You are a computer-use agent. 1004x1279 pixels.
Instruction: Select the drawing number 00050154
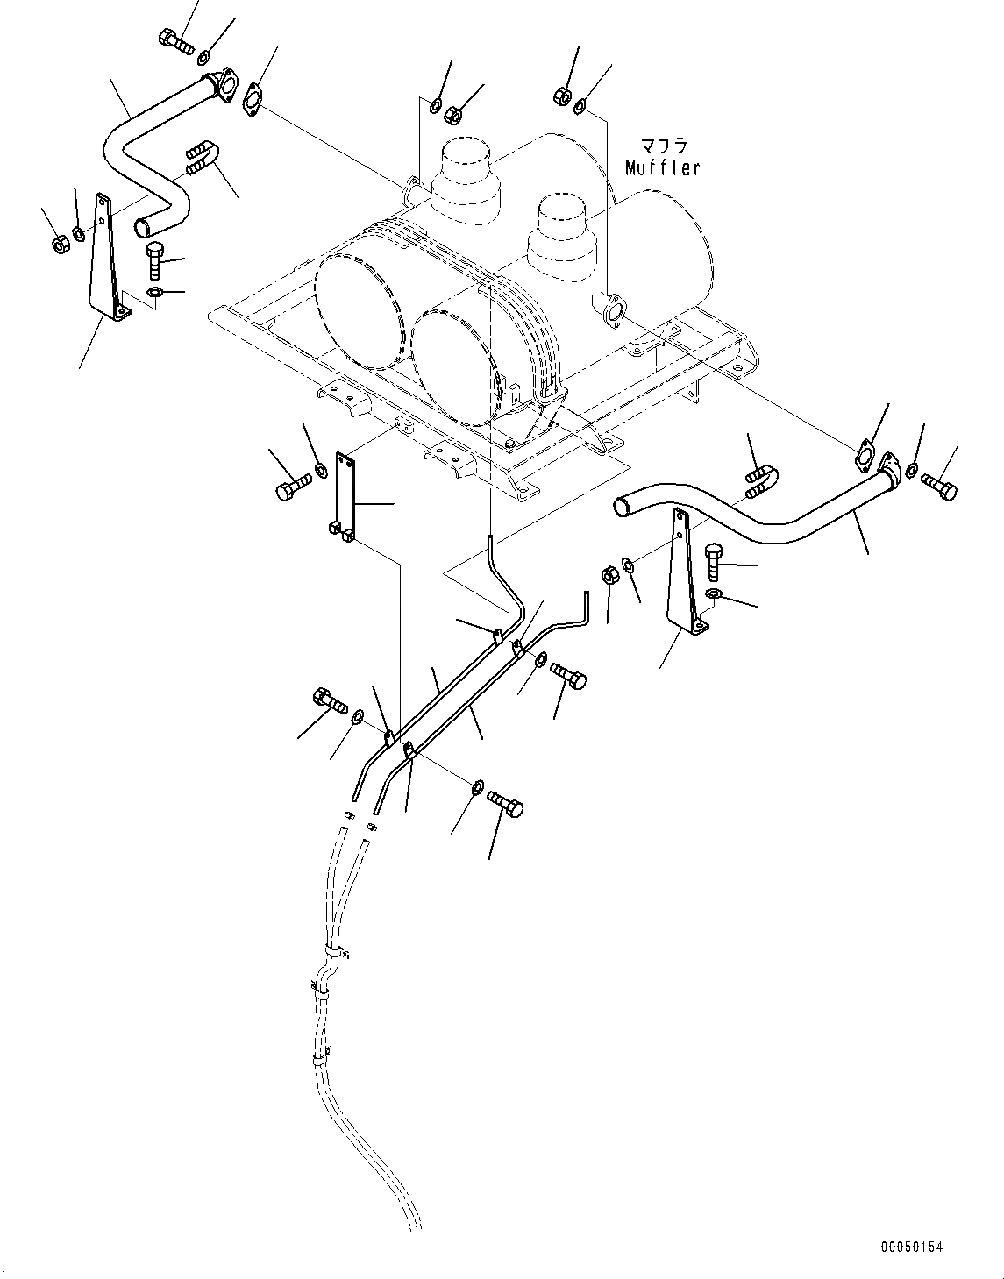(x=911, y=1247)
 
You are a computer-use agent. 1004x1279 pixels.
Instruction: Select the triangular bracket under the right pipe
(x=685, y=570)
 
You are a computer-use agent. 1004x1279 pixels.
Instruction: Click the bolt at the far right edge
(x=938, y=484)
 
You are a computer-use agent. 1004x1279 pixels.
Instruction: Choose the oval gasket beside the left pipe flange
(x=254, y=99)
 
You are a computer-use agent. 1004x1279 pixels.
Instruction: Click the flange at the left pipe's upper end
(x=227, y=83)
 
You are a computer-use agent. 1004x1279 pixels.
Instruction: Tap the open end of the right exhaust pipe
(x=622, y=503)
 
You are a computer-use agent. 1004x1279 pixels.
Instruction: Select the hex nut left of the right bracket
(x=611, y=577)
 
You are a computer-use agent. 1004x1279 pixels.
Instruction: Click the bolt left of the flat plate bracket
(x=292, y=487)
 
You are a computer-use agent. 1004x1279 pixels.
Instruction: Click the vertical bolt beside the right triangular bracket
(x=713, y=561)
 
